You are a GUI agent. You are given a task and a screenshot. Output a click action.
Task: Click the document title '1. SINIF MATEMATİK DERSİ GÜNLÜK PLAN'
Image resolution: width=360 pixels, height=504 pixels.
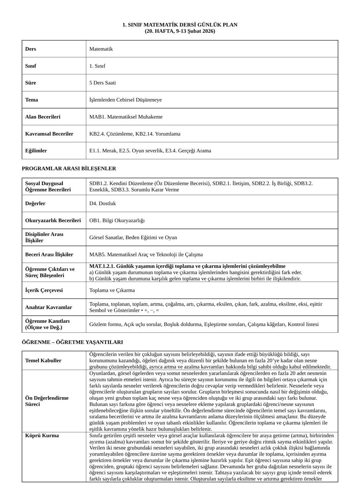click(180, 25)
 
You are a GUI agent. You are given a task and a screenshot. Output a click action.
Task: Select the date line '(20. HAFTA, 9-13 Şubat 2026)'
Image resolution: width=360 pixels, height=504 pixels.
click(180, 31)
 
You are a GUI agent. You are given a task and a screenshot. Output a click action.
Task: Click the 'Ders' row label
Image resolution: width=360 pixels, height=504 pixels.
click(30, 49)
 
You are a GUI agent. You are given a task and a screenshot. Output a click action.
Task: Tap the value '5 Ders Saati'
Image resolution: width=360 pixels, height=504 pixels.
click(102, 83)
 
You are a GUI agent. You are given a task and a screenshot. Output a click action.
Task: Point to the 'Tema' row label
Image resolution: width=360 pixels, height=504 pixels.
click(32, 100)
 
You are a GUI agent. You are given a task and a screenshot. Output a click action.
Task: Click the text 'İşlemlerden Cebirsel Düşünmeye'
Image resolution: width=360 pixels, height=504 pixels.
click(126, 100)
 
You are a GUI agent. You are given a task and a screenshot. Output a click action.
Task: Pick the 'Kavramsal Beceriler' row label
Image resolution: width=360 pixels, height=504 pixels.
click(49, 134)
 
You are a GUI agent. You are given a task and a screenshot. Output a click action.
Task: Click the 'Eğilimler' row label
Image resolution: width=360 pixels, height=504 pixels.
click(36, 151)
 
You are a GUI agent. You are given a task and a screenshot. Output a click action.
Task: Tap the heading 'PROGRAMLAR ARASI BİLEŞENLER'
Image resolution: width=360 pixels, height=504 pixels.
click(69, 169)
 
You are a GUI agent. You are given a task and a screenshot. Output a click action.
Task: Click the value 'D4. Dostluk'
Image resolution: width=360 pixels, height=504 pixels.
click(102, 203)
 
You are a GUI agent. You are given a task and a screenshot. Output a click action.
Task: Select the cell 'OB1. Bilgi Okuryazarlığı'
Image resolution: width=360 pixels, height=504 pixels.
click(117, 220)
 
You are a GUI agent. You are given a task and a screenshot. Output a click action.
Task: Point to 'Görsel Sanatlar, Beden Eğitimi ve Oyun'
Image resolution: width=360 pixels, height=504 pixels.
click(133, 237)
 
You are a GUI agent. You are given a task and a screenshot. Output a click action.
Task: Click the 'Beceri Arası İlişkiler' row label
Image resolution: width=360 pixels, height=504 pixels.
click(49, 254)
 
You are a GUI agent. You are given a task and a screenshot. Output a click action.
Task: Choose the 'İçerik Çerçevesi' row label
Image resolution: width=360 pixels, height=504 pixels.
click(44, 290)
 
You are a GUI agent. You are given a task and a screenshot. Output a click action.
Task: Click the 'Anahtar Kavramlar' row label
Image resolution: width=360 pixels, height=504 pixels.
click(48, 307)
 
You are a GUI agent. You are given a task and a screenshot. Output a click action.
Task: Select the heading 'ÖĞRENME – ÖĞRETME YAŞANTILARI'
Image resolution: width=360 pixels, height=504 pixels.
click(72, 342)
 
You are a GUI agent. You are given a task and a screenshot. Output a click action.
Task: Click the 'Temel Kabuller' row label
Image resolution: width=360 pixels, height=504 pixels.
click(43, 360)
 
